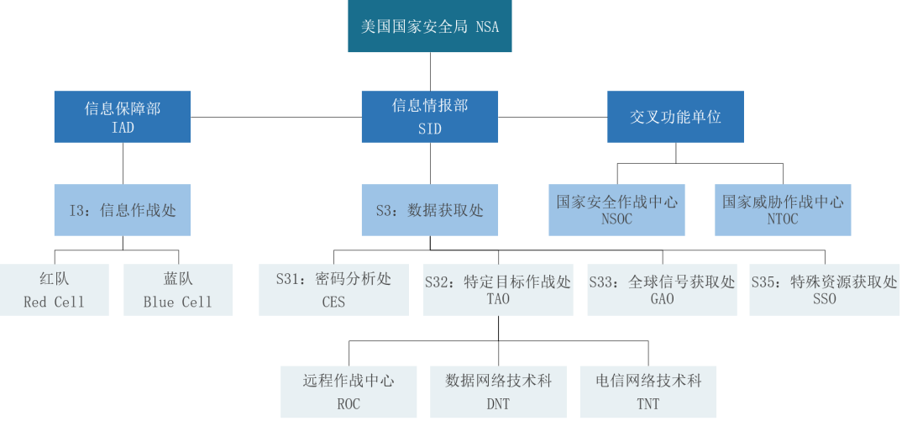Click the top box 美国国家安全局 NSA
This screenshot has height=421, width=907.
(x=429, y=27)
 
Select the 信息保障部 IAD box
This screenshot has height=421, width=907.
(x=122, y=117)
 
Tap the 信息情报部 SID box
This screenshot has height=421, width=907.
(x=429, y=117)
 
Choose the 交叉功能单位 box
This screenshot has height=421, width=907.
(x=675, y=117)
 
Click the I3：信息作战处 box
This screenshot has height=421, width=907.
(x=122, y=210)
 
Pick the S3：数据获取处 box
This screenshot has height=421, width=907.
(x=429, y=210)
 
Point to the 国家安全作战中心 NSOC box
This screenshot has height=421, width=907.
(x=616, y=210)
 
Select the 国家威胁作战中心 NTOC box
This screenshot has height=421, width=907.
(x=783, y=210)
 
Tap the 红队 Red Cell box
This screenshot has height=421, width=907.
(x=55, y=290)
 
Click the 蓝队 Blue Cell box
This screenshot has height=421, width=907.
(x=177, y=290)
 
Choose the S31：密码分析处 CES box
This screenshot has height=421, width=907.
(x=333, y=290)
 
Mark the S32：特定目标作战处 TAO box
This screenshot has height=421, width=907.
(x=498, y=290)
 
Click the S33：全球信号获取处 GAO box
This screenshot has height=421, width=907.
(x=662, y=290)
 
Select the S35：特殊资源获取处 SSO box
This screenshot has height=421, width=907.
(x=824, y=290)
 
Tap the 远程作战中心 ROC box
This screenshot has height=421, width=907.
(x=349, y=392)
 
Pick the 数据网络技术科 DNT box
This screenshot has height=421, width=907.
(x=498, y=392)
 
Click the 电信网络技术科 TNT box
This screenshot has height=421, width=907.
(x=647, y=392)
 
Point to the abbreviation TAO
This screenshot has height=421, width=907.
(x=498, y=299)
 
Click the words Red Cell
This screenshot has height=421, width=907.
(x=55, y=302)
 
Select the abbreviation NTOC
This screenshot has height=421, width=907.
(x=783, y=219)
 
